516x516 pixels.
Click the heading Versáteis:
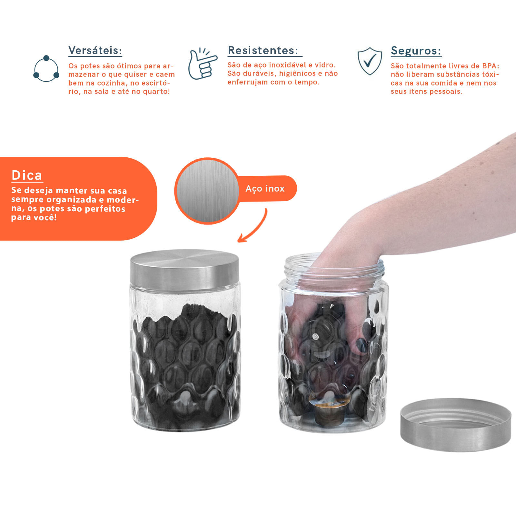click(95, 51)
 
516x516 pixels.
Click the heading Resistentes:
click(263, 50)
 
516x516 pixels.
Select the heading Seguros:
click(416, 51)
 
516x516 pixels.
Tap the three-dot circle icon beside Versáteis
click(46, 68)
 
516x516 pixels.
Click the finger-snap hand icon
click(202, 64)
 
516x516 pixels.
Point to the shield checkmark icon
click(370, 61)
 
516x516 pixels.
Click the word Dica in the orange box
click(27, 175)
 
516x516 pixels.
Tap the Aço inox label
click(265, 189)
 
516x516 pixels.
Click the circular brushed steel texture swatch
click(207, 191)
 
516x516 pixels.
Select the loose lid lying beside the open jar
click(456, 424)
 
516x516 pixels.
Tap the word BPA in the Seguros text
click(489, 66)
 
